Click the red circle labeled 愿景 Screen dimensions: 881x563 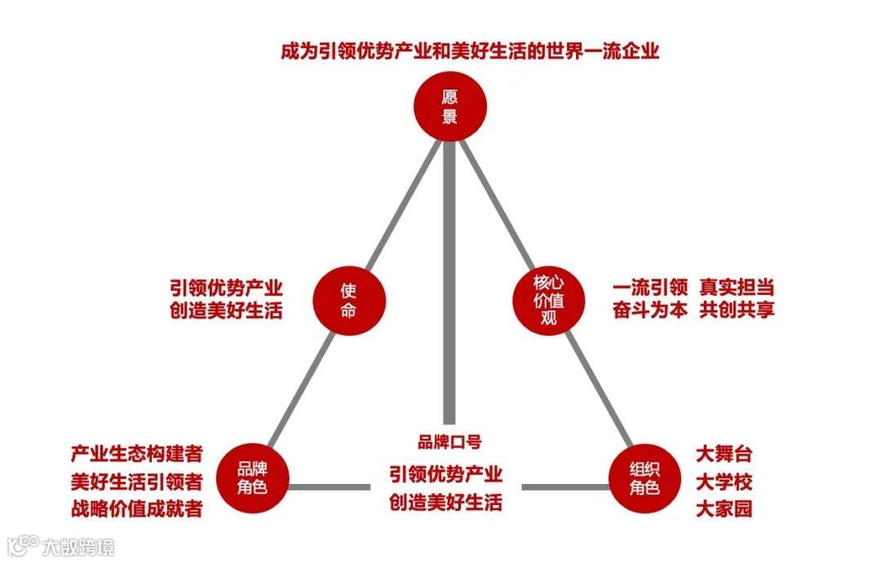[x=449, y=106]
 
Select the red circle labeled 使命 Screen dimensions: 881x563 [x=348, y=300]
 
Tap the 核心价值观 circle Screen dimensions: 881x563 [x=549, y=299]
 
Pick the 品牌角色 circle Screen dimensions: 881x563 [x=252, y=477]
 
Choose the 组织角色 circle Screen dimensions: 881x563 [x=645, y=477]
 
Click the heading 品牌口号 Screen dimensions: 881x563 [x=449, y=442]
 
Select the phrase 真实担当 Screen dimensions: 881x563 [x=737, y=288]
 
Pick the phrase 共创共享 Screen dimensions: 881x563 [x=737, y=310]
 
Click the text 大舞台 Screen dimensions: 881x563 [x=724, y=454]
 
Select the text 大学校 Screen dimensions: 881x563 [x=724, y=482]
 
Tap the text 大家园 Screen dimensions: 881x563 [x=724, y=509]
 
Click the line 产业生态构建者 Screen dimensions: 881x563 [x=136, y=454]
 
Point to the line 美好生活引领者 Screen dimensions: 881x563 [x=136, y=482]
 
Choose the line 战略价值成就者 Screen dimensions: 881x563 [x=136, y=509]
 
